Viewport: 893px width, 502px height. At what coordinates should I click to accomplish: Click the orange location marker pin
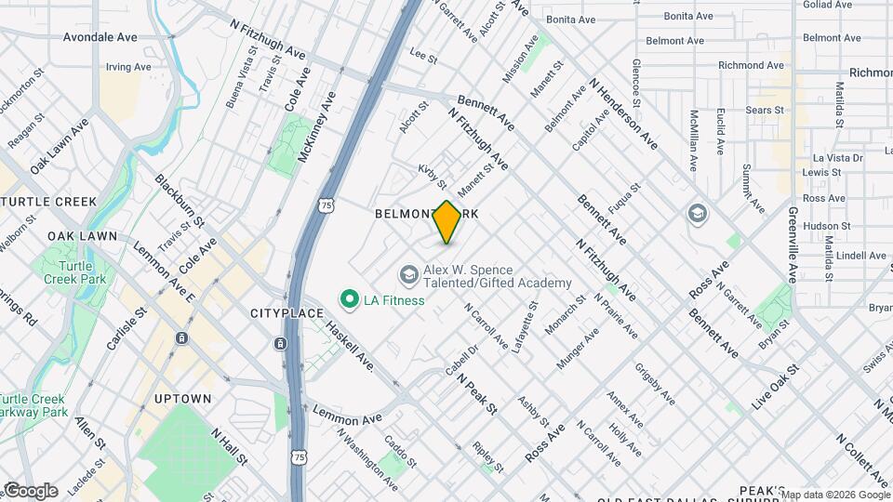[446, 222]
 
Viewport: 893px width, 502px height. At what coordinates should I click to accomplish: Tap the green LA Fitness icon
[350, 299]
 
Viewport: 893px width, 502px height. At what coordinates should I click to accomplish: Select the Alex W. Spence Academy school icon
[408, 274]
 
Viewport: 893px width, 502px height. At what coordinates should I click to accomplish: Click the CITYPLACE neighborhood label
[287, 313]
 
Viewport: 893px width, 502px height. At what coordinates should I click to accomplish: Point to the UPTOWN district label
[182, 399]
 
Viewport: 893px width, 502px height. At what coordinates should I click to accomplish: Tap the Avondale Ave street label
[100, 38]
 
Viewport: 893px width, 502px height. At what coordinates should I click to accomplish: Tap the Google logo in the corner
[30, 491]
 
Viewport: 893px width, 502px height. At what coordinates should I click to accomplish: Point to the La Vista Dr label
[838, 158]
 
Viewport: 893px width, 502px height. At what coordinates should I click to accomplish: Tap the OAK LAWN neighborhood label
[83, 236]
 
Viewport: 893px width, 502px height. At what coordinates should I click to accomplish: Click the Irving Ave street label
[128, 67]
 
